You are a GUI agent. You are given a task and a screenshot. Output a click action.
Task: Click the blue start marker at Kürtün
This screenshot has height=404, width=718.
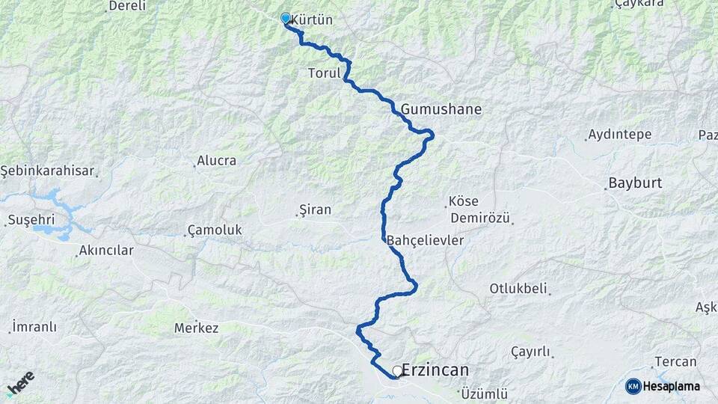pyautogui.click(x=285, y=18)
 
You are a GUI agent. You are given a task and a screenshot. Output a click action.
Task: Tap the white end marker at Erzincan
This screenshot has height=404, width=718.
pyautogui.click(x=397, y=370)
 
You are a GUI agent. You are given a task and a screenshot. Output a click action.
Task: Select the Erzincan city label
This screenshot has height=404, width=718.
pyautogui.click(x=435, y=370)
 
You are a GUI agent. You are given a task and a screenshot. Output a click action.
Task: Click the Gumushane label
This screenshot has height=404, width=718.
pyautogui.click(x=441, y=109)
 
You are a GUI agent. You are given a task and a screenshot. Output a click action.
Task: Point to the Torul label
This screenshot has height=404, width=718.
pyautogui.click(x=324, y=73)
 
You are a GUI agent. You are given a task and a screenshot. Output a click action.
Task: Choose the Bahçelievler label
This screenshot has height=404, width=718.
pyautogui.click(x=426, y=240)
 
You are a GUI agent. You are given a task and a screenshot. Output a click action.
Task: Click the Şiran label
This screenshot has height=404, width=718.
pyautogui.click(x=315, y=211)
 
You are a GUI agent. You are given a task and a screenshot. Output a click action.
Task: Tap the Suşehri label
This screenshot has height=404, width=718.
pyautogui.click(x=28, y=220)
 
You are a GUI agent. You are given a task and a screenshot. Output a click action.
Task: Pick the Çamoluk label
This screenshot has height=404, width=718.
pyautogui.click(x=215, y=230)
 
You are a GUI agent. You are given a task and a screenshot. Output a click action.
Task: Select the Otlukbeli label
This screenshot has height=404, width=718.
pyautogui.click(x=518, y=288)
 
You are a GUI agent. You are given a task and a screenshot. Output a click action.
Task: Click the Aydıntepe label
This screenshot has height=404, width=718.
pyautogui.click(x=620, y=135)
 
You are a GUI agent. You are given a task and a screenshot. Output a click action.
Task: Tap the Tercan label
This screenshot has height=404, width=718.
pyautogui.click(x=675, y=361)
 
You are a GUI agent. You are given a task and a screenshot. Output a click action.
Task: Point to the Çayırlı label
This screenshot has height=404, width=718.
pyautogui.click(x=530, y=352)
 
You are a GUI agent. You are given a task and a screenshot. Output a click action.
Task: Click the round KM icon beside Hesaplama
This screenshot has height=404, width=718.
pyautogui.click(x=633, y=386)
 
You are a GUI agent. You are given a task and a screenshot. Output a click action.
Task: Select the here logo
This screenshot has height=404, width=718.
pyautogui.click(x=20, y=382)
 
